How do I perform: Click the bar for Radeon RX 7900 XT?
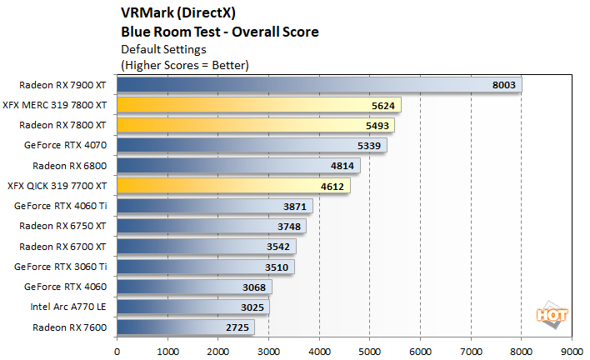tap(319, 84)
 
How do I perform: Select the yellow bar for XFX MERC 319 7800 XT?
tap(258, 105)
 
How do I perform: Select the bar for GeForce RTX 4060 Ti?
tap(214, 206)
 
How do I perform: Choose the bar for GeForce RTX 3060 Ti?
tap(205, 267)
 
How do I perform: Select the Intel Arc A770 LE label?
tap(67, 307)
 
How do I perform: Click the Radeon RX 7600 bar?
tap(186, 327)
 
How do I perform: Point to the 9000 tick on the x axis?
tap(572, 351)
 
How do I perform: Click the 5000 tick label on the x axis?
tap(369, 351)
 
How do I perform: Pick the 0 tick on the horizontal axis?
tap(117, 351)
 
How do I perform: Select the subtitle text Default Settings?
tap(165, 49)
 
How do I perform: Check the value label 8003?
tap(505, 84)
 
